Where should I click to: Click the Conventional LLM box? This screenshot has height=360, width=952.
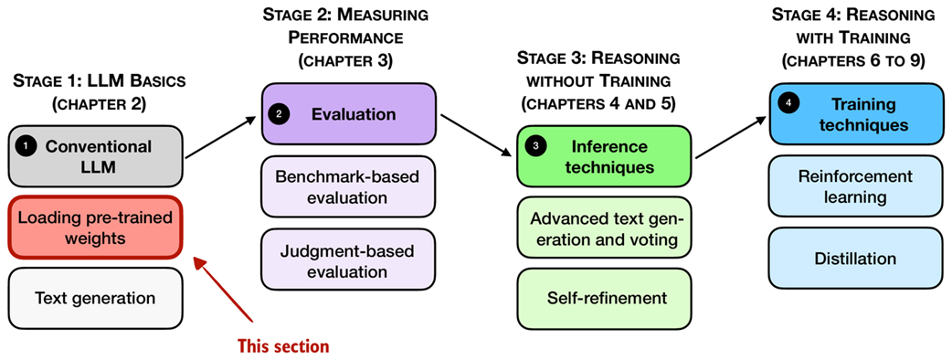95,156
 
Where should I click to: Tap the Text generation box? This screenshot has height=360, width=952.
95,298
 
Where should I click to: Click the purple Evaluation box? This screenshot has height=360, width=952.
347,114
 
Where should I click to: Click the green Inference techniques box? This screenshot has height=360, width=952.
603,156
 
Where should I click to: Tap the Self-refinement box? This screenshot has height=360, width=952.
603,298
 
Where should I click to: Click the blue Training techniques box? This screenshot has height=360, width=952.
855,114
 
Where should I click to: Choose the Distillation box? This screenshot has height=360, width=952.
855,259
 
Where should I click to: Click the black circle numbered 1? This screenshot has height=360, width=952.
27,146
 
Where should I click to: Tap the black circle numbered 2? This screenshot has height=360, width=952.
280,114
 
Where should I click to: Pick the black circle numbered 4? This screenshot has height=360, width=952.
788,104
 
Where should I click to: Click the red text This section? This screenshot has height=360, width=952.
282,346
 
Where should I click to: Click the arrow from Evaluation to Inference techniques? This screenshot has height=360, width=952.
471,133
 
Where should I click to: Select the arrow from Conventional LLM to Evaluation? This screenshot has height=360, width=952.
219,136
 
